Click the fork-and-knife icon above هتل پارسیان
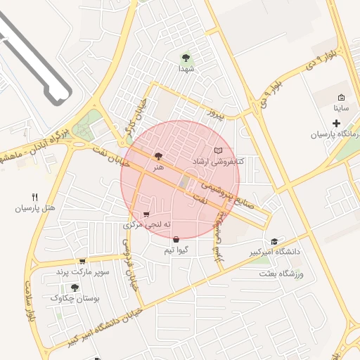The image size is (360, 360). coord(34,197)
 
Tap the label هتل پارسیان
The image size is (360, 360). coord(34,209)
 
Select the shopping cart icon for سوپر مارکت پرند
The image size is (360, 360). coord(82,261)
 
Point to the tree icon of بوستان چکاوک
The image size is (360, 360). coord(75,288)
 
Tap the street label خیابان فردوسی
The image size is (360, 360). coord(131,264)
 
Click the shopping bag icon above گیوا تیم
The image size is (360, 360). coord(175,239)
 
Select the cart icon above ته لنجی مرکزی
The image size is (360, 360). coord(146,214)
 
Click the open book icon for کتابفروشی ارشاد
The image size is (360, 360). coord(219,151)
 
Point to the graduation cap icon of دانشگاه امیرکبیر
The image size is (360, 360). coord(284,241)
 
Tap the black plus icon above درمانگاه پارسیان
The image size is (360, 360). coord(337,124)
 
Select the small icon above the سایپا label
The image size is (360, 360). coord(341,98)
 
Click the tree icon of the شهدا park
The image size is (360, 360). coord(186,58)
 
